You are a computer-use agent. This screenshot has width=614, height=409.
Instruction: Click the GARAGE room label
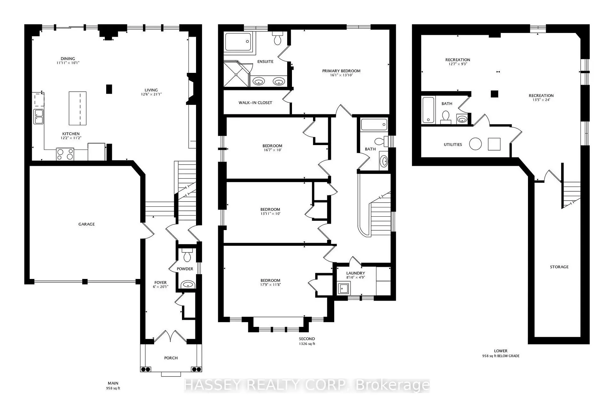click(87, 224)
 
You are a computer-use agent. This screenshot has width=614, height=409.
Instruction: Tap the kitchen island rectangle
click(78, 108)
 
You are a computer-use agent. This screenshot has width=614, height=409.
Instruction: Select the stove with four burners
click(65, 154)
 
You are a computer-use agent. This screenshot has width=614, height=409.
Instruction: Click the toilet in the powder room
click(187, 256)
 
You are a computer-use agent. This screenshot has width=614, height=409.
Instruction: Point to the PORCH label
click(171, 358)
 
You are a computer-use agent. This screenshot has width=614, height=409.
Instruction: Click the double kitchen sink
click(39, 116)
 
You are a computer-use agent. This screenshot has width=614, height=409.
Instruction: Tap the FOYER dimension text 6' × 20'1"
click(160, 287)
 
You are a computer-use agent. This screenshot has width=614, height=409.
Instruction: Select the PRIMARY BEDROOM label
click(341, 71)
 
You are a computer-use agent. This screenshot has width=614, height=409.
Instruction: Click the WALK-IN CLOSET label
click(255, 103)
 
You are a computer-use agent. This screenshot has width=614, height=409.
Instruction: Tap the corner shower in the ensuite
click(236, 74)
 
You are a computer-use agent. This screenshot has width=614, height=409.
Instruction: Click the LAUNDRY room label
click(355, 273)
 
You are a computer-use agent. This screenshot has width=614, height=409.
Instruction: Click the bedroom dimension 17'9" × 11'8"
click(270, 284)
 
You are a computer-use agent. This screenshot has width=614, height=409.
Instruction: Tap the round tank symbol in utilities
click(475, 144)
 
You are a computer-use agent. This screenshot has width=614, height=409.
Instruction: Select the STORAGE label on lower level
click(559, 267)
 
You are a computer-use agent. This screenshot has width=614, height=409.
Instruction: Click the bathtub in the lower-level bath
click(428, 110)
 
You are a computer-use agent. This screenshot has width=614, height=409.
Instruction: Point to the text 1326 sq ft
click(307, 344)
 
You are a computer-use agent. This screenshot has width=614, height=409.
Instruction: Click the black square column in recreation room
click(494, 94)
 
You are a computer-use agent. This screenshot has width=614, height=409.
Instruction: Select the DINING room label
click(68, 59)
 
